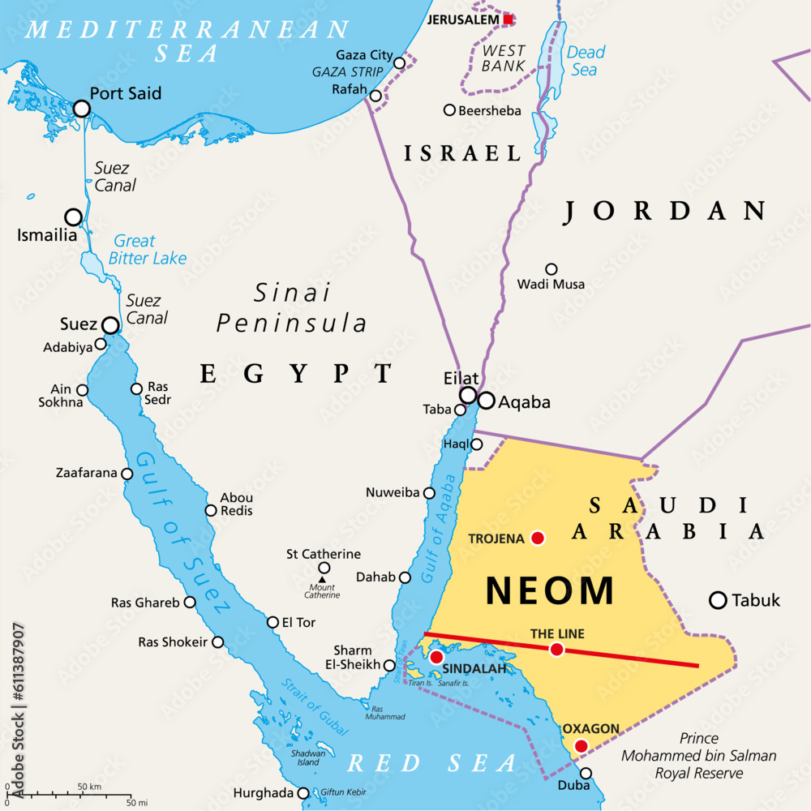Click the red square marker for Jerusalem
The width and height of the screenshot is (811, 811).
508,19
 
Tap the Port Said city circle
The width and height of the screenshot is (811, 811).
81,109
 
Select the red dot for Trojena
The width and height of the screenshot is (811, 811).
537,537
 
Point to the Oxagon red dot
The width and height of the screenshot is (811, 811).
581,746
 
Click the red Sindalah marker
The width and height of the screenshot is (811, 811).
436,656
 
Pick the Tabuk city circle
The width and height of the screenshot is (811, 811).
718,600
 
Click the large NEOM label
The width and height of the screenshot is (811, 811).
550,590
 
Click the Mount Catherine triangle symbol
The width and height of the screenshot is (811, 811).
322,579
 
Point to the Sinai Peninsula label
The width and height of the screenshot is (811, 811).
292,307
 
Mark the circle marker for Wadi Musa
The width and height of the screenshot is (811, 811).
551,269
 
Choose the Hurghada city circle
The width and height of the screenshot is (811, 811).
303,793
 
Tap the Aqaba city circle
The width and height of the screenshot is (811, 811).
487,401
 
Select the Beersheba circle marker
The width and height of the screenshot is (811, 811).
449,109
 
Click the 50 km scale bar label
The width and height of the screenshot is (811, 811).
88,787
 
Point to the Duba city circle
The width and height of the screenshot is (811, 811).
586,773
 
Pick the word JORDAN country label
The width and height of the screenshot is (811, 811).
665,211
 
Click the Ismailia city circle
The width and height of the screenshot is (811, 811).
74,217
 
